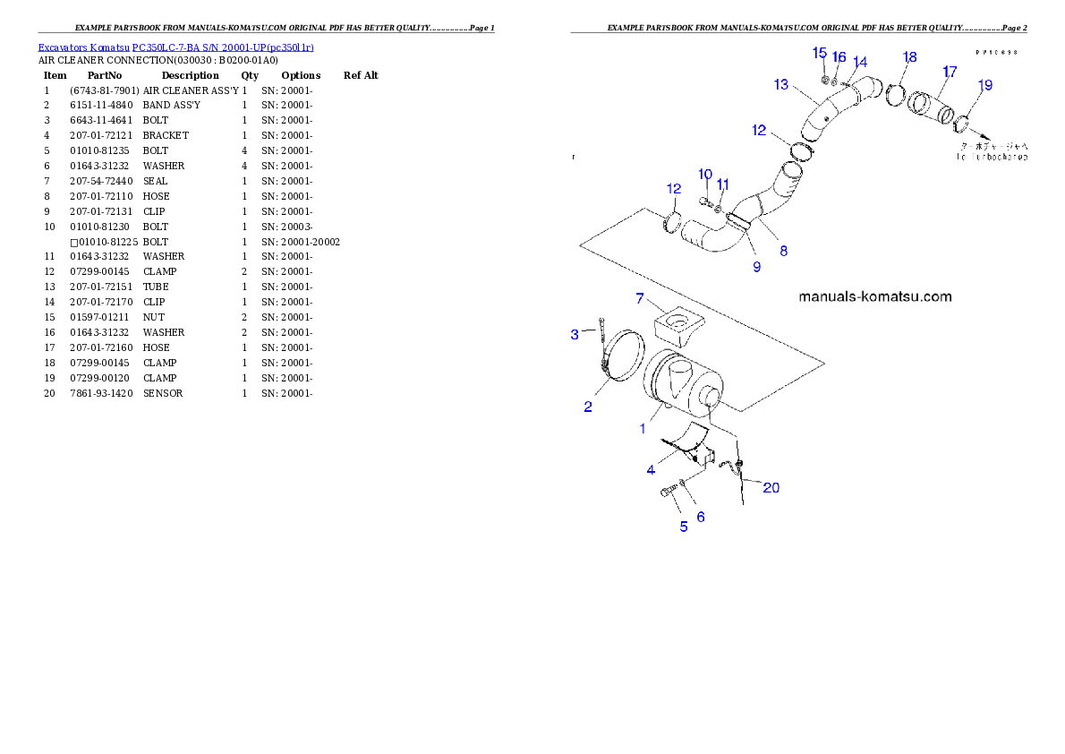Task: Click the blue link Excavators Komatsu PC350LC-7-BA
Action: coord(175,47)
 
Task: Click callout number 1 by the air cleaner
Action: coord(642,428)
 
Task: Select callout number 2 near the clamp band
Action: coord(588,407)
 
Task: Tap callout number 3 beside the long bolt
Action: coord(575,335)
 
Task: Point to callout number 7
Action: coord(640,298)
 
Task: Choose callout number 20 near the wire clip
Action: coord(771,487)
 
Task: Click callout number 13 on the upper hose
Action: coord(781,84)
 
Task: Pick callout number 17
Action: coord(949,71)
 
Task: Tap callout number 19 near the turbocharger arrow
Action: coord(984,85)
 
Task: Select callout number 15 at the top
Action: coord(819,53)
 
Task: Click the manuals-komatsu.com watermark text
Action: coord(874,296)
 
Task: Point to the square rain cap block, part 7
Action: coord(678,325)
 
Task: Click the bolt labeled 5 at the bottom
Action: coord(670,492)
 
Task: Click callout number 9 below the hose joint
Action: coord(756,266)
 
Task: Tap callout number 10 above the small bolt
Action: coord(705,173)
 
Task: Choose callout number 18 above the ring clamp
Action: coord(909,57)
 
